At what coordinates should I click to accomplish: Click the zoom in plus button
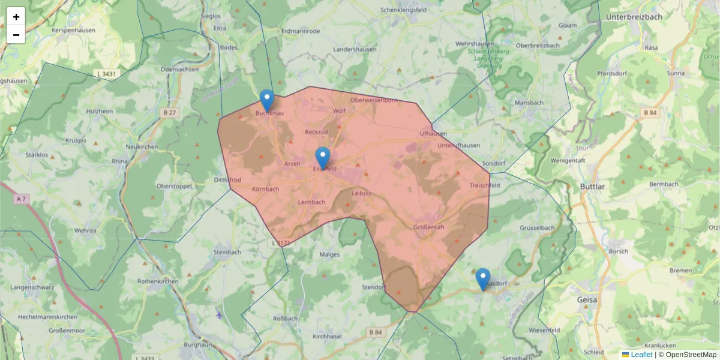(16, 17)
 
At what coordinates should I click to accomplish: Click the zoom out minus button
(16, 35)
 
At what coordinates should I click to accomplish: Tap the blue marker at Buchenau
(267, 100)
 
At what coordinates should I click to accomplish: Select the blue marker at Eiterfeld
(323, 158)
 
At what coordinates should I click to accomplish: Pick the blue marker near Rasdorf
(483, 280)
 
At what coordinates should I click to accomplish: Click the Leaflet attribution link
(641, 355)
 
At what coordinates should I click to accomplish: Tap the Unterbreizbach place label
(634, 17)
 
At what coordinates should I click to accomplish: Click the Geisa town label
(586, 300)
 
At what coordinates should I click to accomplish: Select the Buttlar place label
(592, 187)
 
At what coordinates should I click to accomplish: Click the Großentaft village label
(429, 227)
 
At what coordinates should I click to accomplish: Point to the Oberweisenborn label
(374, 100)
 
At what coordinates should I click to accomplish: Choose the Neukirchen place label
(142, 147)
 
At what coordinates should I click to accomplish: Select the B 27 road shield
(169, 112)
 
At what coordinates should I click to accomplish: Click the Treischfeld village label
(485, 185)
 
